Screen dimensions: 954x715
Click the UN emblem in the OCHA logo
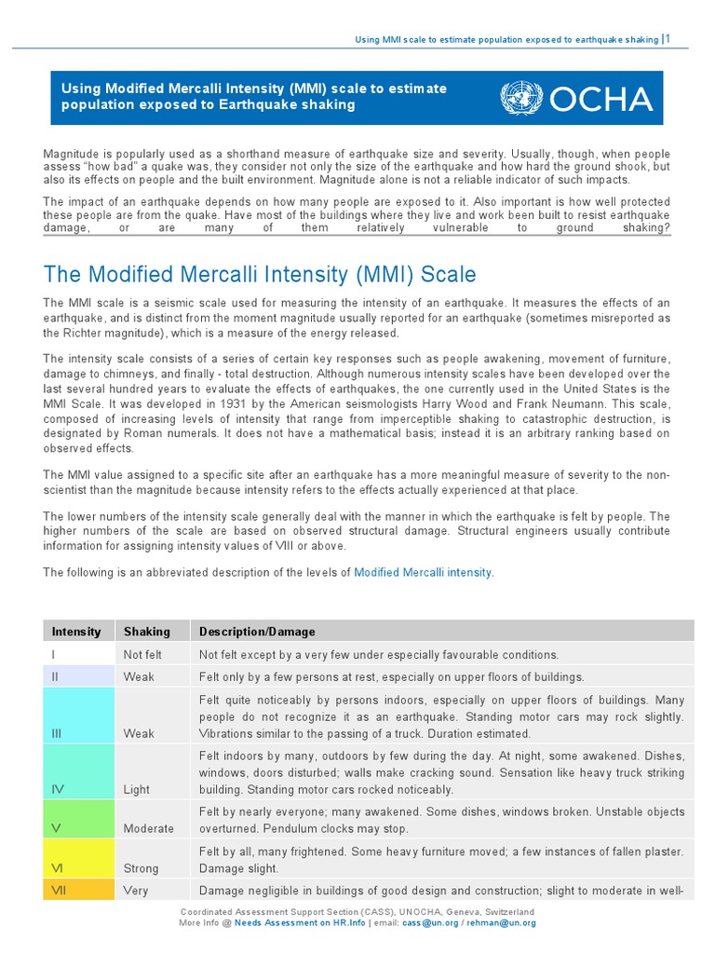(x=521, y=98)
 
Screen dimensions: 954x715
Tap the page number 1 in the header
(x=667, y=39)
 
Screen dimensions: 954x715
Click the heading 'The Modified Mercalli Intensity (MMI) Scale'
(x=260, y=274)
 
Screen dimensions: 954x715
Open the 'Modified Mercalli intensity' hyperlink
(x=423, y=572)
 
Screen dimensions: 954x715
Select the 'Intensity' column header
(x=76, y=632)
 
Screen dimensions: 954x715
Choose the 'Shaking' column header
(x=146, y=632)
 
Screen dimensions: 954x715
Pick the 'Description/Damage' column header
(x=257, y=632)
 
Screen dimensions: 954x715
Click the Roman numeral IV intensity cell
(x=78, y=771)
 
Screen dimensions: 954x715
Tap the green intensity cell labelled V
(x=78, y=818)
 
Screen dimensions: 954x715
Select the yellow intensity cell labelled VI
(x=78, y=857)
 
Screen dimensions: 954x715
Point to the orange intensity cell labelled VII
(x=78, y=890)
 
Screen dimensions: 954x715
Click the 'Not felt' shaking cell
(x=142, y=654)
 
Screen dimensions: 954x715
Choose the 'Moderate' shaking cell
(x=149, y=828)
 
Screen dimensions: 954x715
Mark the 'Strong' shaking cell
(x=142, y=868)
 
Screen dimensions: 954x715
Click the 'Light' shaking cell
(x=137, y=789)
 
